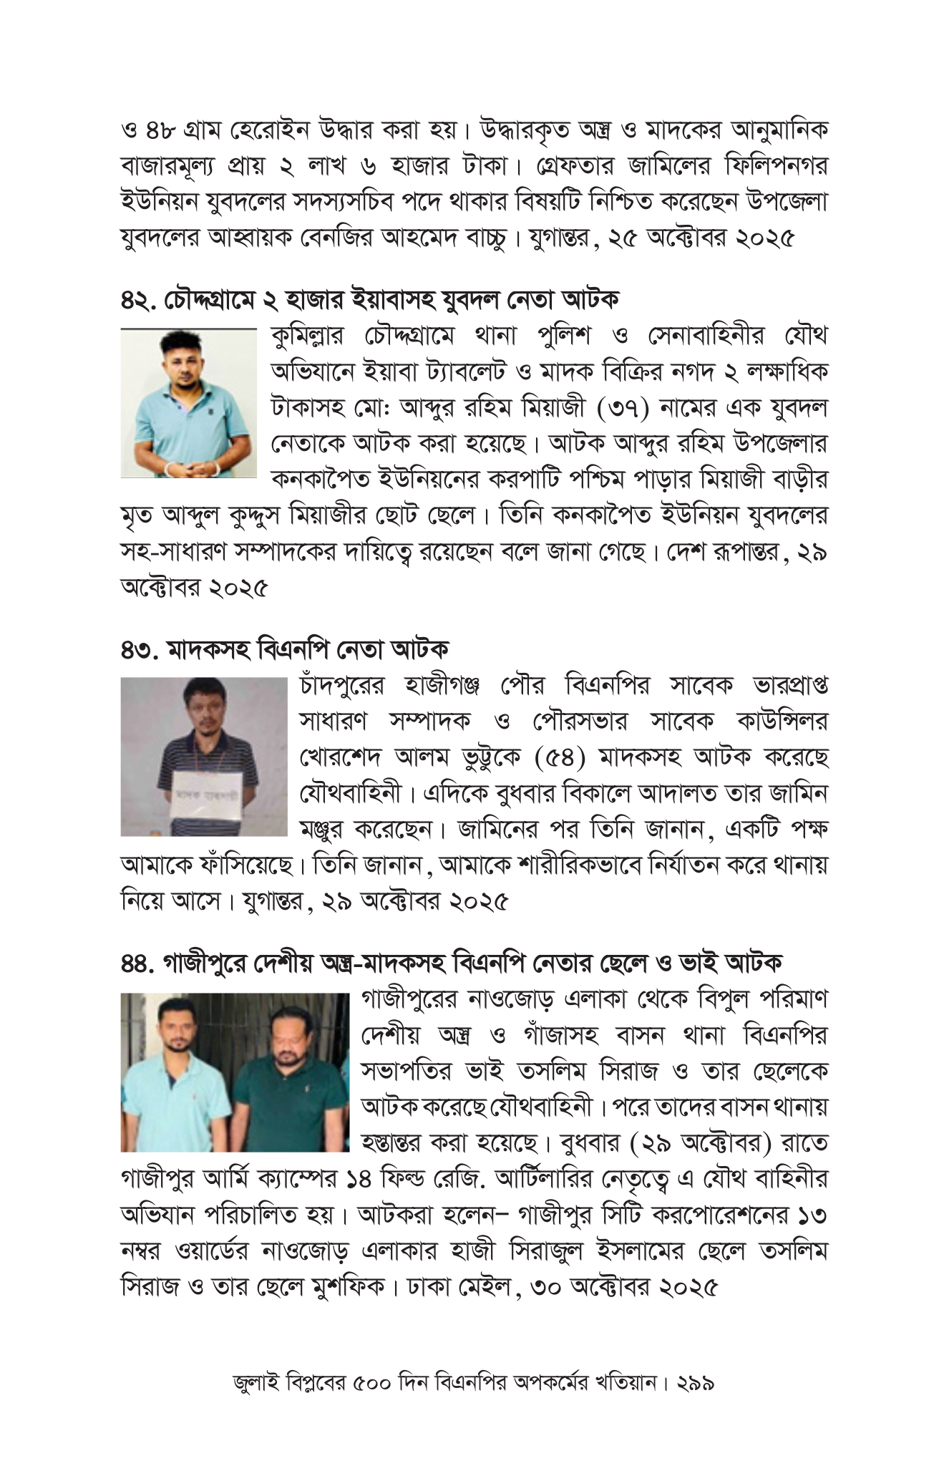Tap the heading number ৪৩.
coord(138,650)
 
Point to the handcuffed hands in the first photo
coord(189,469)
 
